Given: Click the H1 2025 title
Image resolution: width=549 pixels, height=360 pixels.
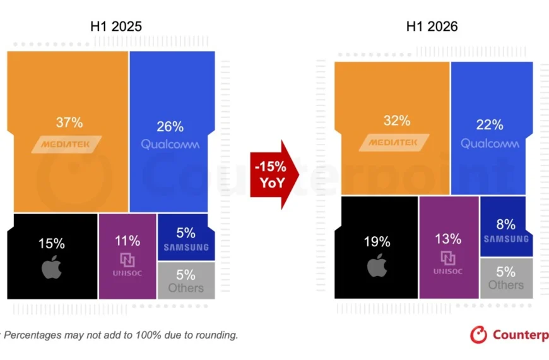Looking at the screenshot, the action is [116, 27].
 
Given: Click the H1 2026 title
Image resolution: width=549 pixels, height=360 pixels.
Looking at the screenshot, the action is [432, 27].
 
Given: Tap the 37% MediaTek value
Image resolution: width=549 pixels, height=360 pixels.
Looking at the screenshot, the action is [69, 123].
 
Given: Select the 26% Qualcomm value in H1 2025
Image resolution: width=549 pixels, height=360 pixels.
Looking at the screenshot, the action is [170, 126].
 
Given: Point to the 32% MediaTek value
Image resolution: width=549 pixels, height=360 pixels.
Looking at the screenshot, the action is [397, 121].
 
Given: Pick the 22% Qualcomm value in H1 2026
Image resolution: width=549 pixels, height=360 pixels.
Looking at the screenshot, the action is [490, 124].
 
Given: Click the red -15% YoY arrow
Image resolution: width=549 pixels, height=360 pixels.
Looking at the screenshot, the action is [274, 174].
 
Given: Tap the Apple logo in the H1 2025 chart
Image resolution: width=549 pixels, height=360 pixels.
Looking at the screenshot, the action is [52, 267].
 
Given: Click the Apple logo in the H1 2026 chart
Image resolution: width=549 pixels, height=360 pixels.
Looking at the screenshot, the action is [377, 265].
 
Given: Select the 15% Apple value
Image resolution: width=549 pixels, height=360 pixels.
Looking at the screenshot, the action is [52, 243].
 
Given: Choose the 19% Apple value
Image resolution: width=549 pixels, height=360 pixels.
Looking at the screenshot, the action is [377, 241].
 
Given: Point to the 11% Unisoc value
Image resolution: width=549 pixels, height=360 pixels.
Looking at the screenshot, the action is [127, 241].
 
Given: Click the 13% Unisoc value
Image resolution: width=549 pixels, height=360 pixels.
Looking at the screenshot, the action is [448, 239].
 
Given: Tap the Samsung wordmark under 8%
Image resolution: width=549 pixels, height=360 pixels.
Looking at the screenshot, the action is [506, 239].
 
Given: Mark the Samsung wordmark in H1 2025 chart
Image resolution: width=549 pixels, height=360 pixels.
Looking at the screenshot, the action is [186, 248].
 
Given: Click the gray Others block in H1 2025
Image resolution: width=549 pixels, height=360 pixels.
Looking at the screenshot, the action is [186, 280].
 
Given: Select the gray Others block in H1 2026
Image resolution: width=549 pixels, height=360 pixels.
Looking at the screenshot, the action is [506, 279].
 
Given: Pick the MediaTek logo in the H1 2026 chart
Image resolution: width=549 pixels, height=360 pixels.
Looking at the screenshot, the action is [394, 143].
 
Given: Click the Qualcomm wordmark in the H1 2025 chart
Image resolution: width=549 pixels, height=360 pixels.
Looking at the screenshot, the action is [170, 144].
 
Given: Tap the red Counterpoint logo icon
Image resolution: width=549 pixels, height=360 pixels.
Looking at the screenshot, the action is [478, 335].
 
